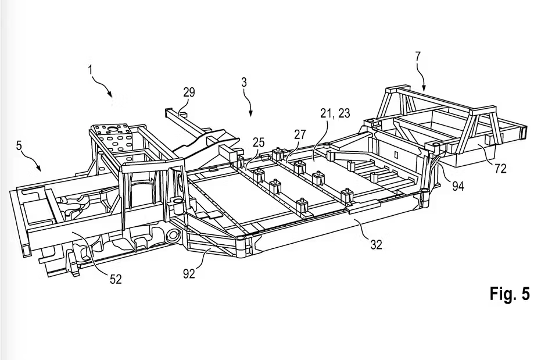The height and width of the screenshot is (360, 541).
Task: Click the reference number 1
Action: (91, 70)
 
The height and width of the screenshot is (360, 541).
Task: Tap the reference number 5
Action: (19, 145)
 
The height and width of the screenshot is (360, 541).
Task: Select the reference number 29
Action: (189, 92)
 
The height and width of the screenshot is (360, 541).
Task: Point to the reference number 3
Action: (244, 83)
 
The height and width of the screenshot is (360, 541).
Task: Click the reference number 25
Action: (259, 142)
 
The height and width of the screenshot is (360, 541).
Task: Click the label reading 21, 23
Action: (335, 113)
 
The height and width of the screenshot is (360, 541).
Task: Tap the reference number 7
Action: (418, 56)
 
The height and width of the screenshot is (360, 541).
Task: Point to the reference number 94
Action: (458, 186)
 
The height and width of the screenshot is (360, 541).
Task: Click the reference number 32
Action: (377, 245)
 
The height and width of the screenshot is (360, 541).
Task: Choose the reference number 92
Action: (189, 274)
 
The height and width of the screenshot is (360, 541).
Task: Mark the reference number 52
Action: (116, 279)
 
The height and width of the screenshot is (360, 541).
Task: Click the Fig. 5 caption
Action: (510, 294)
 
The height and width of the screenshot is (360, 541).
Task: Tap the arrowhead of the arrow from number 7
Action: (424, 88)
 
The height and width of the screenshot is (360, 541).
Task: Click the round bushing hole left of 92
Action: (171, 237)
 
